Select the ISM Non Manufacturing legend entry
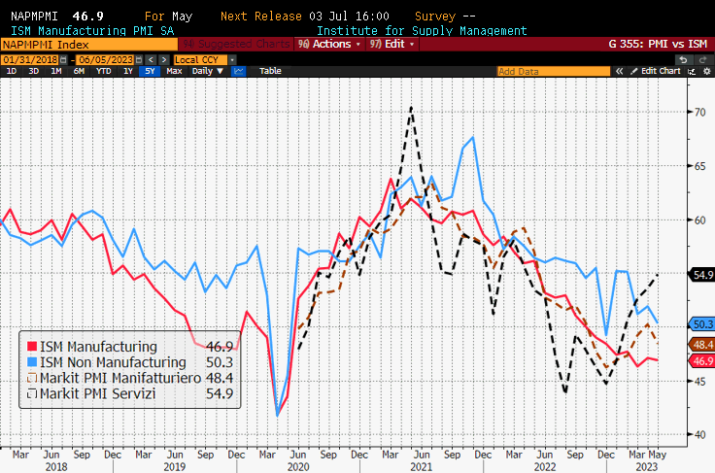[x=108, y=362]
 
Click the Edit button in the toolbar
[x=392, y=44]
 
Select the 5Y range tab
[x=149, y=71]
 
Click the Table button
[x=270, y=71]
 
